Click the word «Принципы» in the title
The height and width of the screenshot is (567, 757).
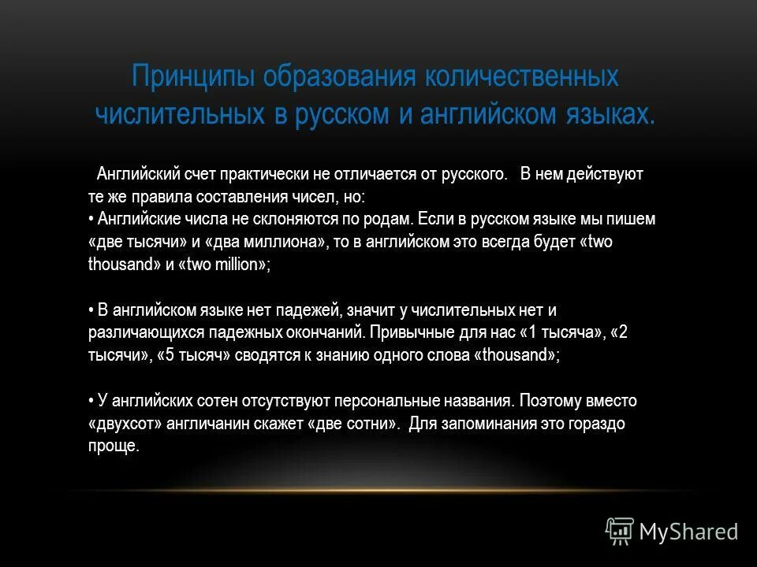(x=194, y=78)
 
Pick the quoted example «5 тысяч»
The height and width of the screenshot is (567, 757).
(x=195, y=355)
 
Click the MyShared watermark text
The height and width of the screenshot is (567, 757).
(x=688, y=532)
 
